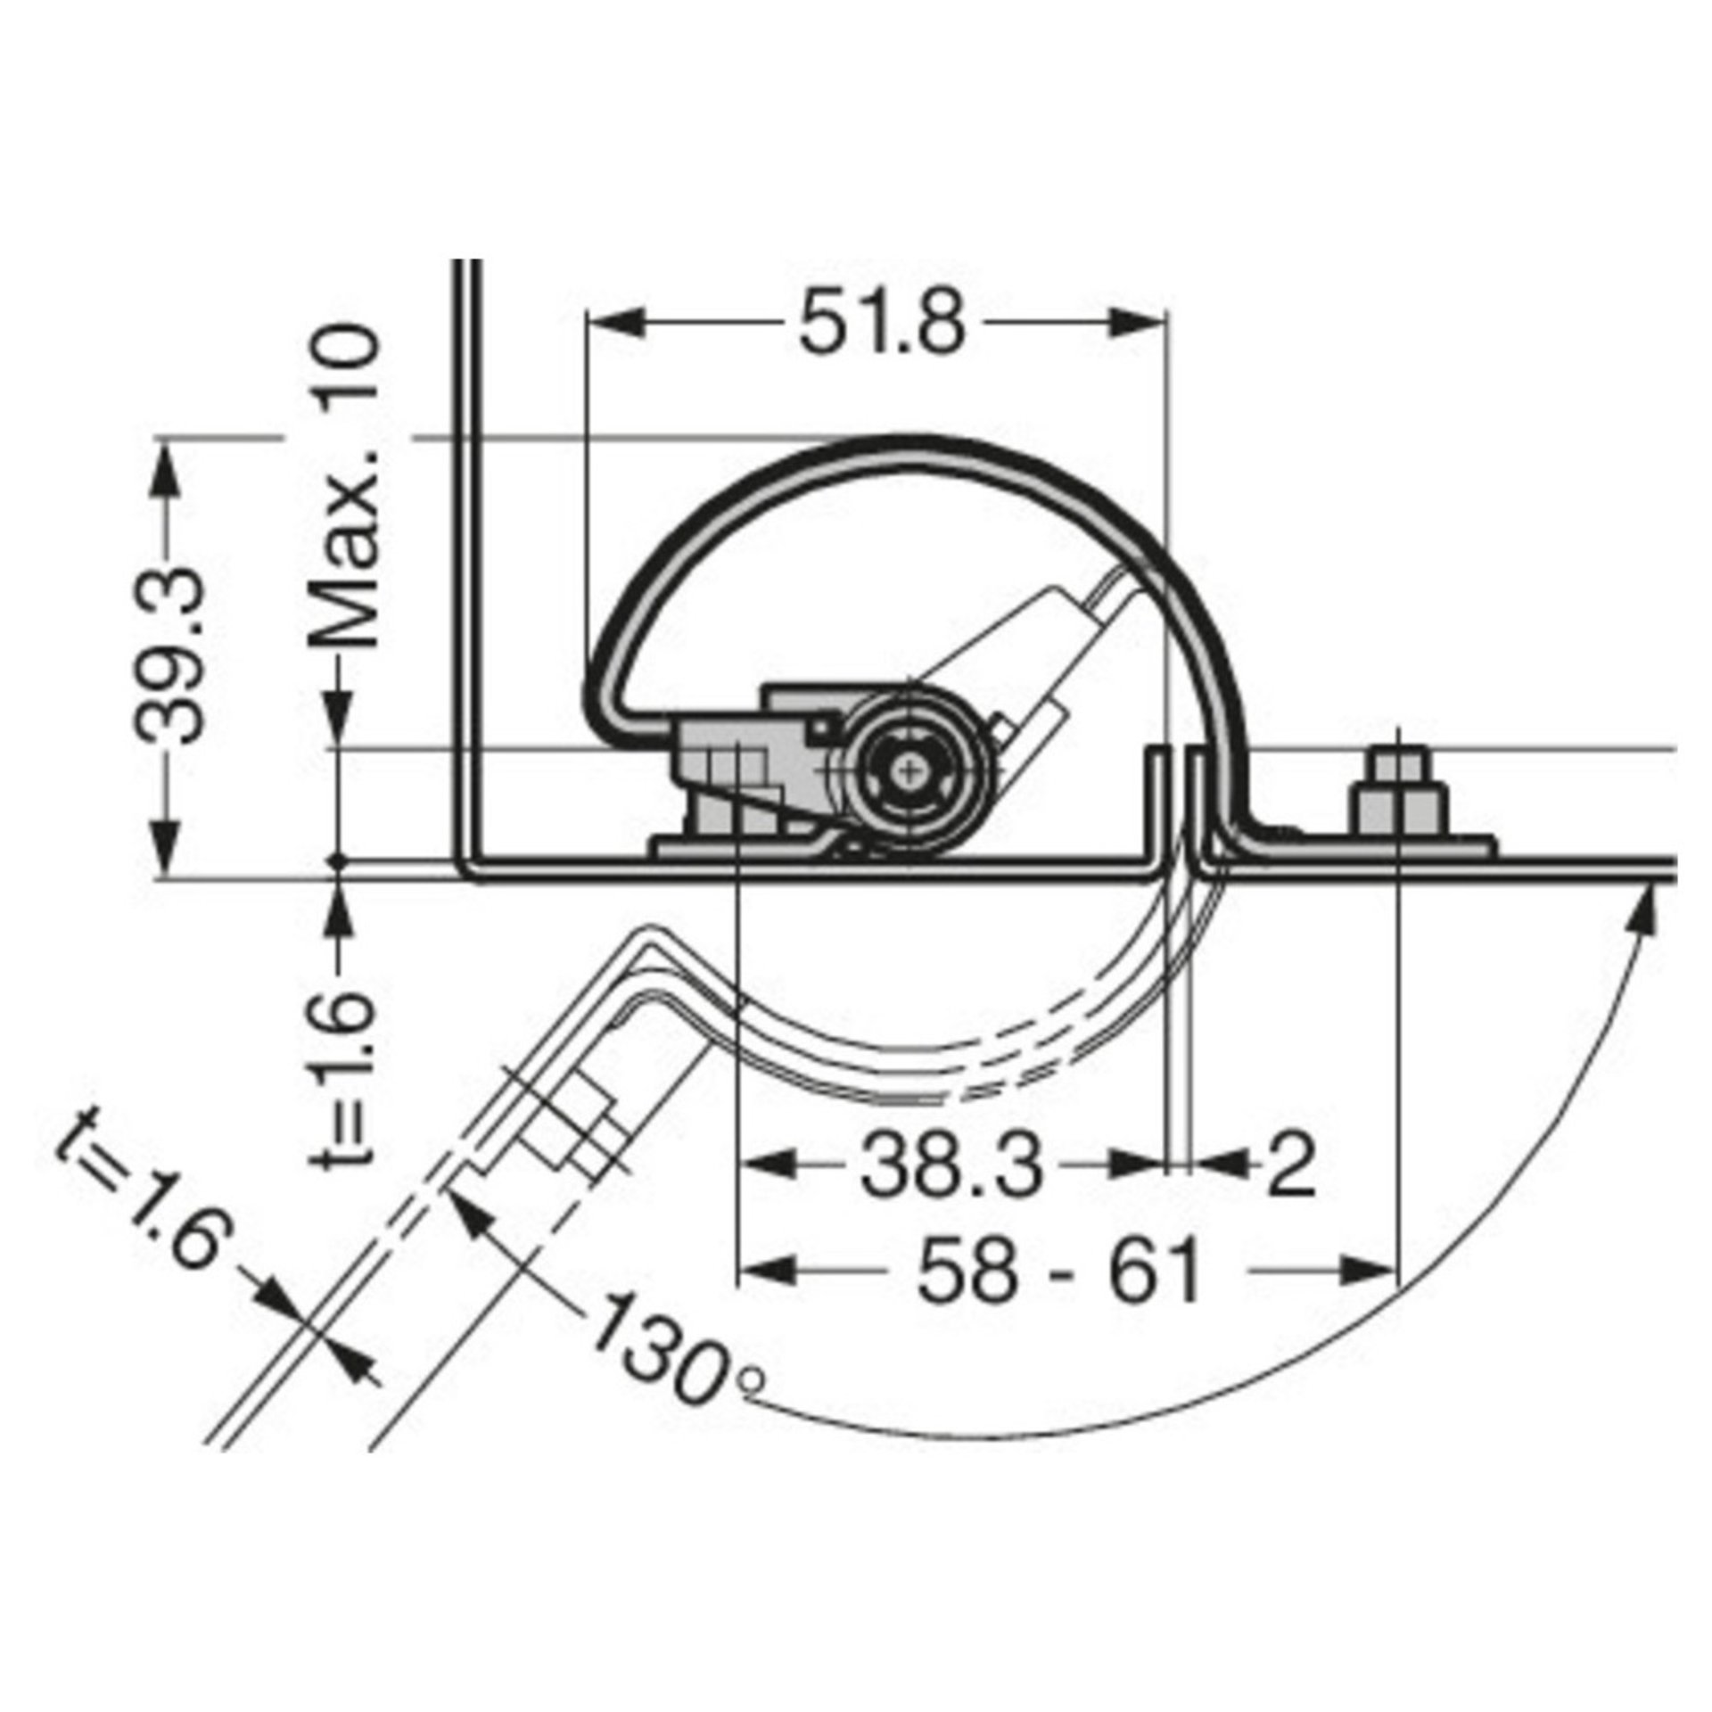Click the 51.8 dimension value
(x=881, y=323)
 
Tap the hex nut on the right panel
(x=1398, y=802)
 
